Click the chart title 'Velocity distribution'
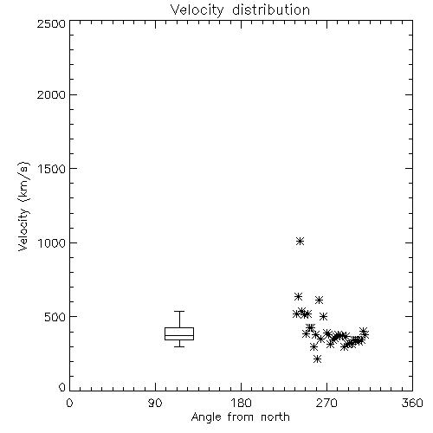pyautogui.click(x=240, y=10)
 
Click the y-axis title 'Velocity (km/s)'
pyautogui.click(x=23, y=206)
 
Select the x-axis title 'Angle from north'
pyautogui.click(x=240, y=417)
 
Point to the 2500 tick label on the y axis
pyautogui.click(x=51, y=23)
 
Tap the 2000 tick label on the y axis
pyautogui.click(x=51, y=94)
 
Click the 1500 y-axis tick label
pyautogui.click(x=52, y=169)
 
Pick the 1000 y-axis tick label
pyautogui.click(x=52, y=242)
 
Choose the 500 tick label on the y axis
pyautogui.click(x=55, y=317)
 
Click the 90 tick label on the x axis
pyautogui.click(x=155, y=403)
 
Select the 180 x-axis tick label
pyautogui.click(x=241, y=403)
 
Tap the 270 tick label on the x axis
pyautogui.click(x=326, y=403)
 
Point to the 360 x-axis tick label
pyautogui.click(x=412, y=403)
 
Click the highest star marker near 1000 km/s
pyautogui.click(x=300, y=241)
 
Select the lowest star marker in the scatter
pyautogui.click(x=317, y=359)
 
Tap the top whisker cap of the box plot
pyautogui.click(x=179, y=311)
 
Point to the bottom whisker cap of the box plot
pyautogui.click(x=179, y=346)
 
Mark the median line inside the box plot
pyautogui.click(x=179, y=335)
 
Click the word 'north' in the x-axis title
pyautogui.click(x=275, y=417)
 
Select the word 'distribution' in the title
pyautogui.click(x=271, y=10)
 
